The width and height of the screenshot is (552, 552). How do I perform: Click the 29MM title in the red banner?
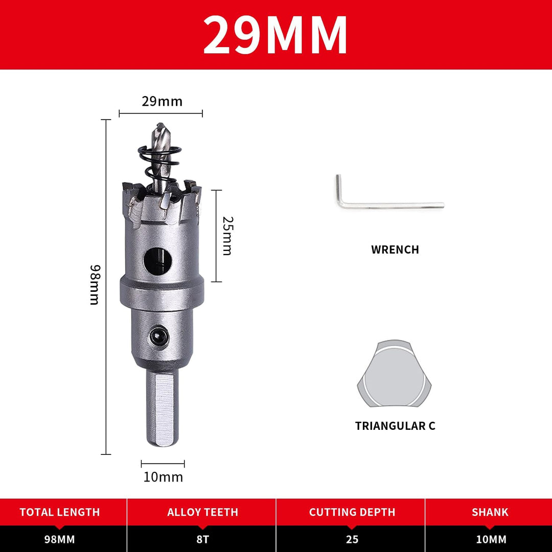click(x=275, y=35)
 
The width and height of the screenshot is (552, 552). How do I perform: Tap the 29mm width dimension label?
click(x=163, y=101)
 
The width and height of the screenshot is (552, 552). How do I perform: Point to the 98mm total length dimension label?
click(x=95, y=285)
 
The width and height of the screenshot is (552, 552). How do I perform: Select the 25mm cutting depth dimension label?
click(x=227, y=236)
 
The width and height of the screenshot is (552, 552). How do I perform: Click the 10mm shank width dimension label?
click(x=163, y=477)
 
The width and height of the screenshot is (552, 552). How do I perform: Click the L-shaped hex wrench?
click(x=388, y=203)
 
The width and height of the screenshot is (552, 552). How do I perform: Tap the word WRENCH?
click(x=395, y=249)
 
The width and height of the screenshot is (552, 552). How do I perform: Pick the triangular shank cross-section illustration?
click(x=394, y=374)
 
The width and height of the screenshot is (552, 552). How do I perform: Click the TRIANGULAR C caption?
click(x=395, y=426)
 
